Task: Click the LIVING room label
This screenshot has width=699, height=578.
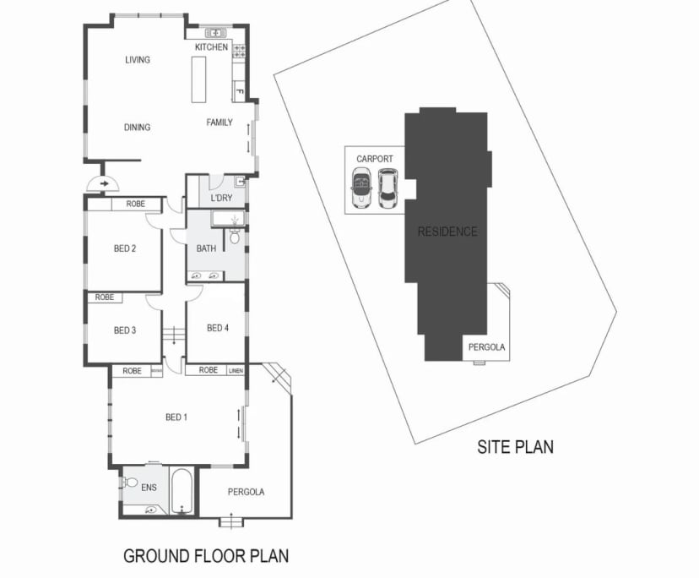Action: point(137,60)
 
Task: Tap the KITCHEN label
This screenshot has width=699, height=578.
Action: point(211,47)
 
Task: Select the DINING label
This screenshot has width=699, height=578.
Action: point(137,128)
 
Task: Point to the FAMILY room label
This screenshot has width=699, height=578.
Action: point(219,123)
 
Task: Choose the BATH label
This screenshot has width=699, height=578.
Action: point(206,248)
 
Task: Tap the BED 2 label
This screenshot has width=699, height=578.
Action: point(125,248)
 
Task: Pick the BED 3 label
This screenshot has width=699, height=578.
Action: point(124,330)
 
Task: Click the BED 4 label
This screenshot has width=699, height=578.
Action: point(218,328)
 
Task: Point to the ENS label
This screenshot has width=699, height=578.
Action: point(148,488)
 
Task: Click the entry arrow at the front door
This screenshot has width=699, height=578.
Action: point(105,182)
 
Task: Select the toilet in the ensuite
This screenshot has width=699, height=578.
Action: point(129,483)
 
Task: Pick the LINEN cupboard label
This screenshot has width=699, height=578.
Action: point(236,370)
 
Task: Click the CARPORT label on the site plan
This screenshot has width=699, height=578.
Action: point(375,159)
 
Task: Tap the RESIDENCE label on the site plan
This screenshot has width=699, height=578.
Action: point(447,232)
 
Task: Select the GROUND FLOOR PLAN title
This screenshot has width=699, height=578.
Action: point(206,555)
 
